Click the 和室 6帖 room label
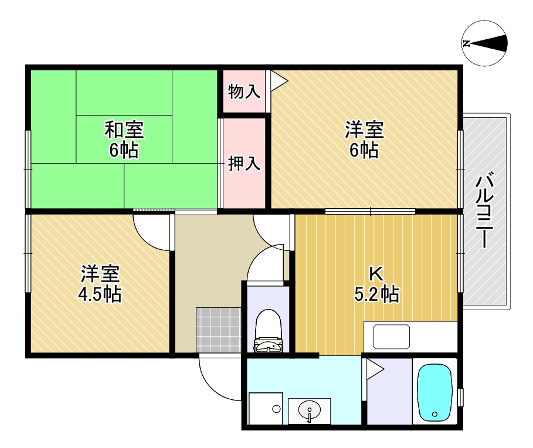[x=124, y=140]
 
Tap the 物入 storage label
[x=244, y=91]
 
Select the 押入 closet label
[x=244, y=163]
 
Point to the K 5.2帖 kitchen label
[x=376, y=284]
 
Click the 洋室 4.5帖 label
[x=100, y=284]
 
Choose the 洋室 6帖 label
[x=364, y=140]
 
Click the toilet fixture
[x=269, y=331]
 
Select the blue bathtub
[x=434, y=393]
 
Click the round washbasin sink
[x=310, y=409]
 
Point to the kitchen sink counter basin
[x=391, y=337]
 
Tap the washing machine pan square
[x=266, y=409]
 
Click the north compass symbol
[x=485, y=43]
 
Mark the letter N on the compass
[x=466, y=43]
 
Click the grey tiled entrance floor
[x=218, y=330]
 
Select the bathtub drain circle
[x=434, y=414]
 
